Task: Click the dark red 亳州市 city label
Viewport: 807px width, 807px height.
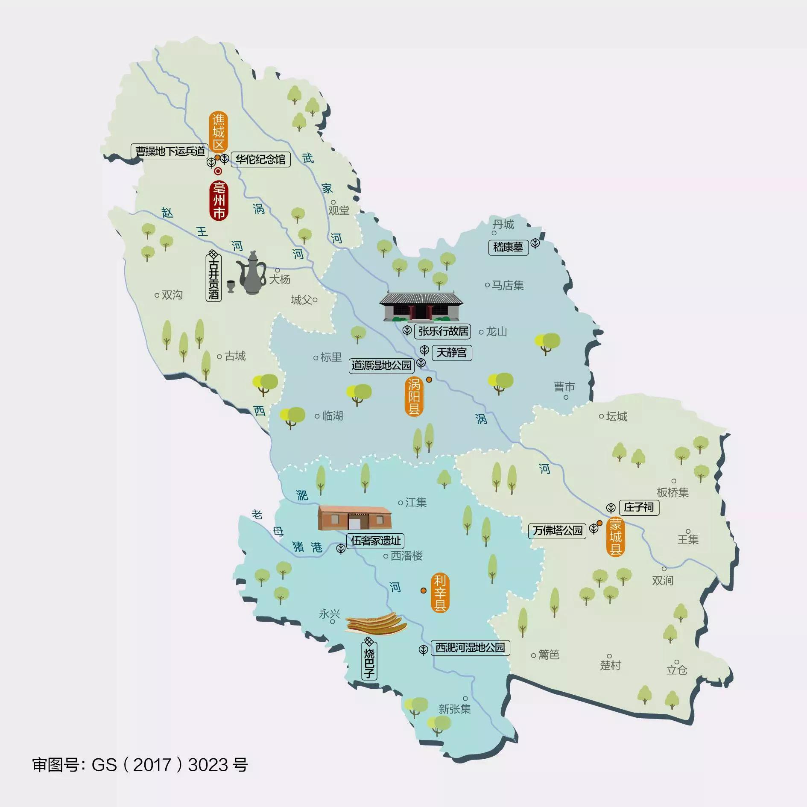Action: [x=219, y=200]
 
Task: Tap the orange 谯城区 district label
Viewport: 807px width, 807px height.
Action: [x=218, y=132]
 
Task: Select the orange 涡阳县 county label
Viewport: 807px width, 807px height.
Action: [x=414, y=397]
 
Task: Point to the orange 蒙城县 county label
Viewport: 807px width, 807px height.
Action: [x=615, y=536]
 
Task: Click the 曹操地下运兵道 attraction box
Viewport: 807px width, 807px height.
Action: [x=170, y=151]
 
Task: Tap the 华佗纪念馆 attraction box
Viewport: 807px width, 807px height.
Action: [x=260, y=159]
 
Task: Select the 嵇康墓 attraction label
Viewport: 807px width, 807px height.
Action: [x=508, y=247]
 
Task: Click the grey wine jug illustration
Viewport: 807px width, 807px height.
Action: [x=251, y=273]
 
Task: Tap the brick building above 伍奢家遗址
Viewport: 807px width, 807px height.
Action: [x=354, y=518]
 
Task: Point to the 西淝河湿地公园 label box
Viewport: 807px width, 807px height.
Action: [x=470, y=648]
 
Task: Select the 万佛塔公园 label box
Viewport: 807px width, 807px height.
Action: [x=557, y=531]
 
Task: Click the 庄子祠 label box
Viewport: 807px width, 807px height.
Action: [x=638, y=507]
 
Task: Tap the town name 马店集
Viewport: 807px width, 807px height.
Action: [x=507, y=285]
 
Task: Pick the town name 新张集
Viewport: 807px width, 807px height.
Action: [x=455, y=709]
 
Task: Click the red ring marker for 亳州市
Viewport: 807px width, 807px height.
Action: [x=218, y=172]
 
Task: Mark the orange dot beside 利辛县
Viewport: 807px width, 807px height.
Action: [x=423, y=591]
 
